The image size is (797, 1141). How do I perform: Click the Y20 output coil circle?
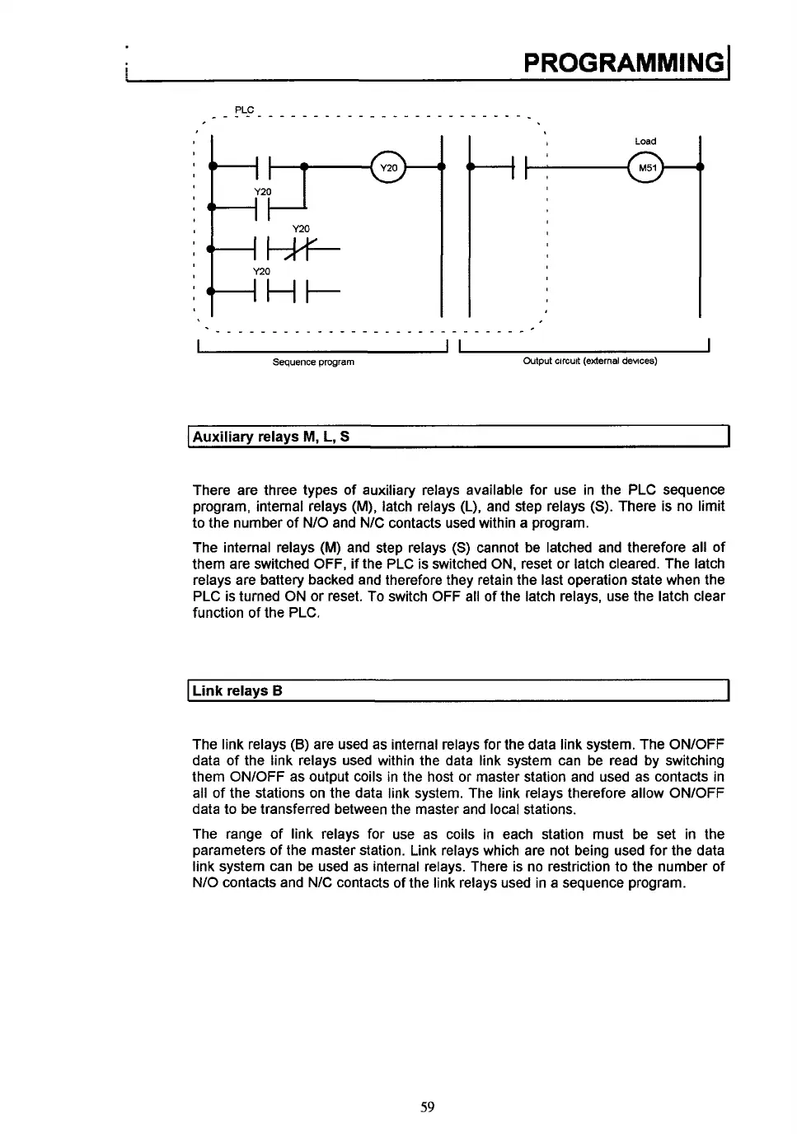[x=388, y=167]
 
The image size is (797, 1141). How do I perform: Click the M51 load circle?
[x=645, y=167]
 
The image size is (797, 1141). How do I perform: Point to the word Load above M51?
[x=645, y=142]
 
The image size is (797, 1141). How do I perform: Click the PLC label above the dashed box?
[x=244, y=110]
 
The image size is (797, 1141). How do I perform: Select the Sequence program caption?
[x=313, y=362]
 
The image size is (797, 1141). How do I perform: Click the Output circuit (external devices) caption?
[x=590, y=362]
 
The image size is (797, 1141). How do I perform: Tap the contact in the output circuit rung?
[x=518, y=167]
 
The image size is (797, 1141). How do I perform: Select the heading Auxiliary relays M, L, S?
[x=271, y=437]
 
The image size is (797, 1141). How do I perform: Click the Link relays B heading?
[x=237, y=690]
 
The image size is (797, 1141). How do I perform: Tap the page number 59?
[x=427, y=1106]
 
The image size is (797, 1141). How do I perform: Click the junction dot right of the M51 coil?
[x=700, y=167]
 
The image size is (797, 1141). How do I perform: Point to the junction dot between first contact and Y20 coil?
[x=304, y=167]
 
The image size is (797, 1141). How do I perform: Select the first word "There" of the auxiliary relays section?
[x=210, y=490]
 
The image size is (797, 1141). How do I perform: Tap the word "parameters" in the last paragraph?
[x=225, y=850]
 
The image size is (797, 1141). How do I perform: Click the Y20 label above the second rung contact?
[x=262, y=191]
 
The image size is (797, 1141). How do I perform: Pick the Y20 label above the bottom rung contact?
[x=261, y=272]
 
